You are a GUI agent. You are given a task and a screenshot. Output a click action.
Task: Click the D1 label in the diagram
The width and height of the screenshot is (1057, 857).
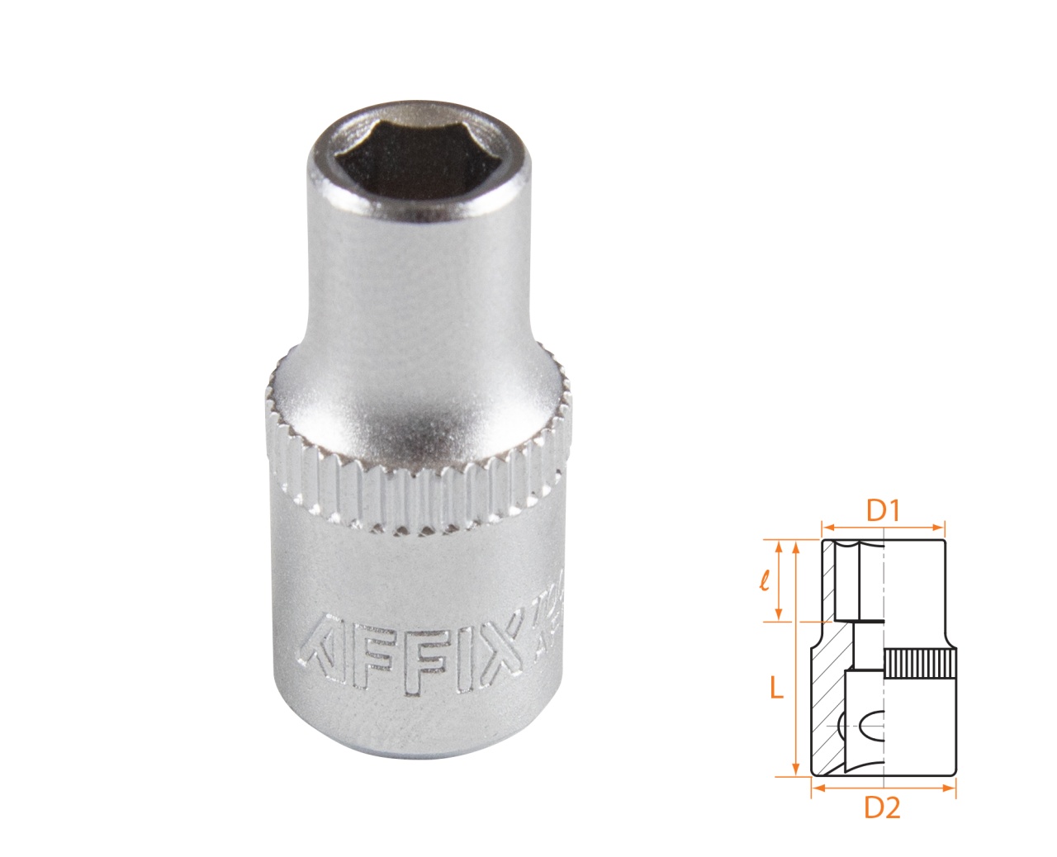(882, 511)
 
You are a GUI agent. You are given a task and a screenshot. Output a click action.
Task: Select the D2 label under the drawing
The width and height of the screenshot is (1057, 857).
(882, 808)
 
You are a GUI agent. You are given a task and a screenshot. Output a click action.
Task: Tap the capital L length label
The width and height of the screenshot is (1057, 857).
(775, 688)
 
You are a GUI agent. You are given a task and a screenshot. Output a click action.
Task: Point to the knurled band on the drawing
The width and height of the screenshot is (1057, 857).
(921, 664)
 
